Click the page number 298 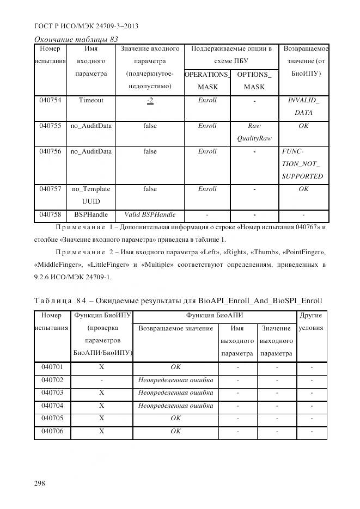[x=40, y=483]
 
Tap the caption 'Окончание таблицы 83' [x=76, y=39]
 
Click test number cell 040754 [x=50, y=101]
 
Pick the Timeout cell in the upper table [x=91, y=101]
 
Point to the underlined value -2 [x=150, y=101]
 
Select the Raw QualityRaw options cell [x=254, y=132]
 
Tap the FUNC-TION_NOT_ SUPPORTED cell [x=302, y=164]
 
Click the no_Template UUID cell [x=91, y=195]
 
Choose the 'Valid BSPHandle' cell [x=150, y=214]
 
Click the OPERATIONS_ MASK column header [x=207, y=81]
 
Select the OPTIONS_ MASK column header [x=254, y=81]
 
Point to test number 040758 [x=50, y=214]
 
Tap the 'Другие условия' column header [x=311, y=322]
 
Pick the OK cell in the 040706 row [x=175, y=432]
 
